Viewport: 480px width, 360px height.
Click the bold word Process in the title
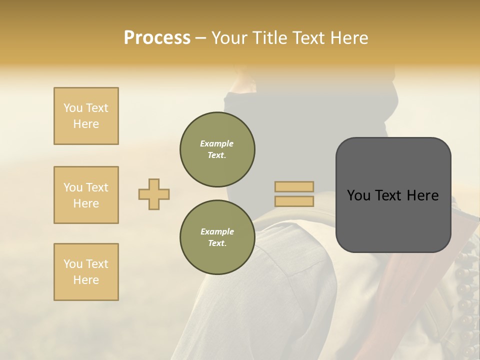(157, 38)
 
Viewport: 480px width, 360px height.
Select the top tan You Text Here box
(86, 116)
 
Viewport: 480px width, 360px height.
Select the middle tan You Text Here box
(86, 195)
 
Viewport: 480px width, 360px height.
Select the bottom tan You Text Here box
(86, 272)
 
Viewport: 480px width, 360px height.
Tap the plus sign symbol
(154, 194)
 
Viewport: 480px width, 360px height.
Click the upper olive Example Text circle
(217, 149)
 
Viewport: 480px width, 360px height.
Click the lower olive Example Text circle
(217, 237)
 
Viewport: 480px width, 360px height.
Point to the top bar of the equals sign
(294, 187)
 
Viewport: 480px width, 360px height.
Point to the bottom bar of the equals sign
(294, 201)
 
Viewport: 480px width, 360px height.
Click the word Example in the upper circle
(217, 143)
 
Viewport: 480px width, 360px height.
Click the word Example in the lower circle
(217, 231)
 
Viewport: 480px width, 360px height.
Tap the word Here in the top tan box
(86, 124)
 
